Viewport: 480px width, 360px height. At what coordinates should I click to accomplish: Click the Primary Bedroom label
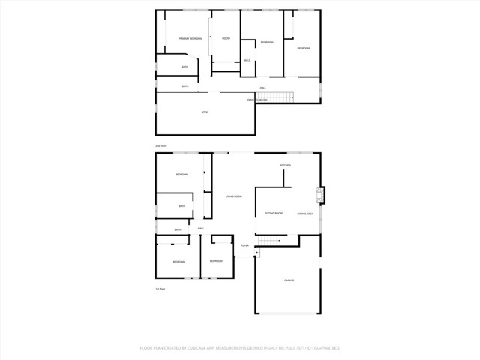[190, 38]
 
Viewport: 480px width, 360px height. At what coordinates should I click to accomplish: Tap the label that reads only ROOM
[226, 37]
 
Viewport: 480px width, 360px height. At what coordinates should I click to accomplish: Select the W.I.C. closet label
[247, 61]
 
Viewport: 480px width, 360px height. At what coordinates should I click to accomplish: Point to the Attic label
[205, 112]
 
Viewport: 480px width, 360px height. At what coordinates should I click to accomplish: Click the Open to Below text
[256, 99]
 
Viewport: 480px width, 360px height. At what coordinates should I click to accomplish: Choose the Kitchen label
[286, 165]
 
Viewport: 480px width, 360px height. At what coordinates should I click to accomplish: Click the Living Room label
[234, 196]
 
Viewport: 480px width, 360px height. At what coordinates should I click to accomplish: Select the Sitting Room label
[273, 214]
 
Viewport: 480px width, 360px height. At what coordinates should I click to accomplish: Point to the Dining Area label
[304, 214]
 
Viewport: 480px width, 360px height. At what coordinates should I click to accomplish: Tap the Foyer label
[244, 246]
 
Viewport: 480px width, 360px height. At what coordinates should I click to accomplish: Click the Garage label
[289, 280]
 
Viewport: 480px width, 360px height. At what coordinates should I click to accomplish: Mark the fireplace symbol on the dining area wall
[320, 196]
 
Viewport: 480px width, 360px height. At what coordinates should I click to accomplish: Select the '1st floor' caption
[159, 289]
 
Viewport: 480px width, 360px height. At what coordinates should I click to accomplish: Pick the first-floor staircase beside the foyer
[268, 240]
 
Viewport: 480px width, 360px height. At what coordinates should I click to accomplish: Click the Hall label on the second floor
[263, 88]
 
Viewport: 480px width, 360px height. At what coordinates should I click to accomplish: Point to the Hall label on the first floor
[201, 228]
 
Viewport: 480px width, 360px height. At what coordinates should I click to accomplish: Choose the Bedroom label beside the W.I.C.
[267, 43]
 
